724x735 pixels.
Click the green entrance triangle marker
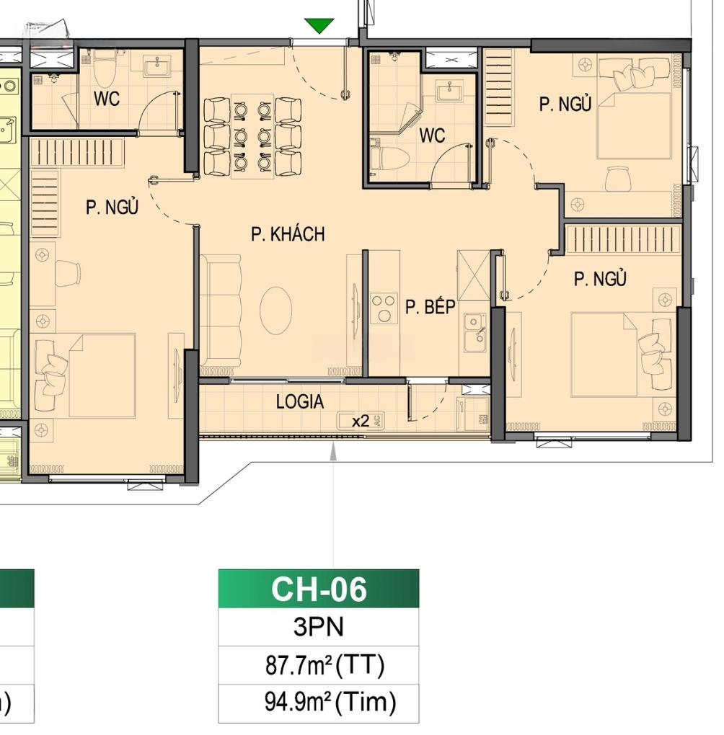tap(319, 25)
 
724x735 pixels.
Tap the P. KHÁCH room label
tap(288, 234)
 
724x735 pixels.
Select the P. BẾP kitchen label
tap(431, 306)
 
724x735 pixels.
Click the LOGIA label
tap(300, 401)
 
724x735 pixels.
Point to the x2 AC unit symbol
tap(361, 421)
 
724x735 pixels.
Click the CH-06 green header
tap(319, 589)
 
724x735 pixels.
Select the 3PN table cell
tap(319, 627)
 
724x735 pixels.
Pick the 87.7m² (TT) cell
tap(319, 665)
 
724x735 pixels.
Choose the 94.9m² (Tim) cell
tap(319, 703)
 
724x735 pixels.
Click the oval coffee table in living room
tap(276, 310)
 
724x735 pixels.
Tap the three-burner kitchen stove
tap(384, 308)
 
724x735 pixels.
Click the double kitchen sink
tap(474, 332)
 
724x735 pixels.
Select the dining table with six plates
tap(252, 136)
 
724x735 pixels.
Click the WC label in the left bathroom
tap(107, 99)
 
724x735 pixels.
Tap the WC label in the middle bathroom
tap(432, 135)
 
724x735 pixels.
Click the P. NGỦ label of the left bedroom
tap(112, 207)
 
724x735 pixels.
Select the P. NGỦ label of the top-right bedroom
tap(565, 104)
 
